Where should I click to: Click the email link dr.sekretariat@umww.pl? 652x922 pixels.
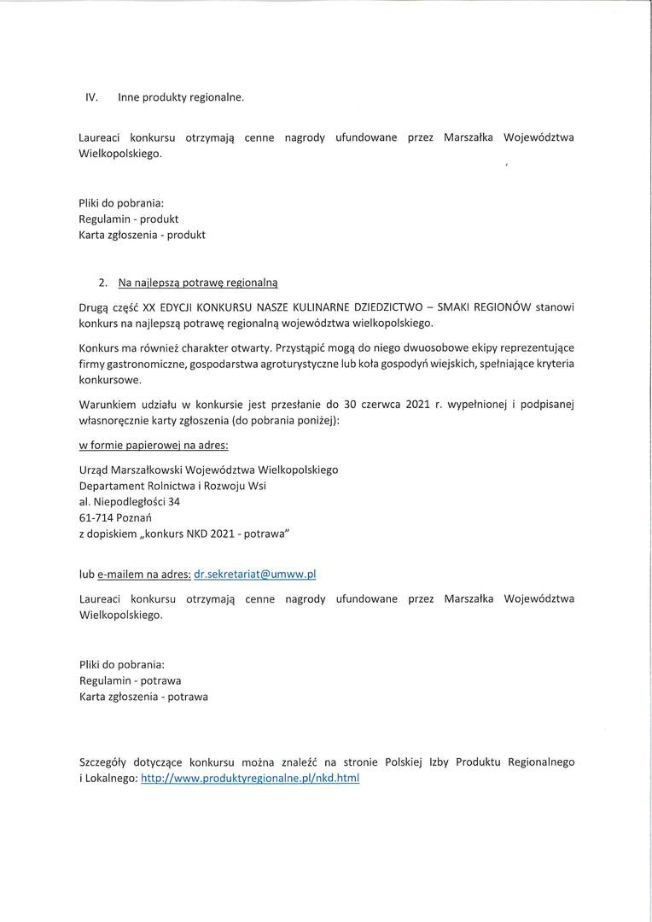coord(255,575)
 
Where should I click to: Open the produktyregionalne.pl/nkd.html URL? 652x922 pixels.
coord(250,779)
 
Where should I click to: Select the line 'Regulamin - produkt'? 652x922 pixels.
coord(128,219)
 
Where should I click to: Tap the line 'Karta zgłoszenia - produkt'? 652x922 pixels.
coord(142,235)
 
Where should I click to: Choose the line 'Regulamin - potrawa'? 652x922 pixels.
coord(130,680)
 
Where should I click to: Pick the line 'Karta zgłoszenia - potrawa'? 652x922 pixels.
coord(143,697)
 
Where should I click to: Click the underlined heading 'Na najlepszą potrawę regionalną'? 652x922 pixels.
coord(198,281)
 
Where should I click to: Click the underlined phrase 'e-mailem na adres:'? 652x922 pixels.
coord(143,575)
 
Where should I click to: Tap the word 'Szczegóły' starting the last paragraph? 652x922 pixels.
coord(104,762)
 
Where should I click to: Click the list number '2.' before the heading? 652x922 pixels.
coord(103,281)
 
